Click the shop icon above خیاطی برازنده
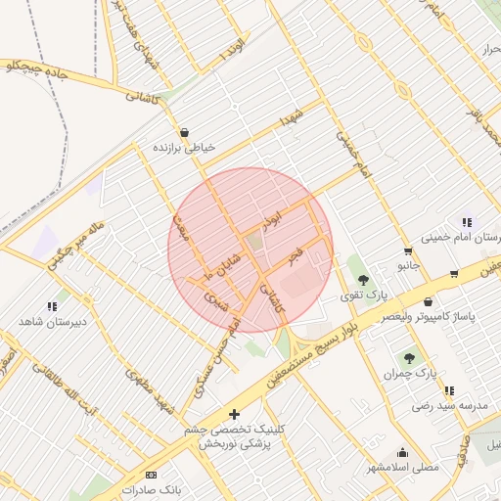tap(184, 133)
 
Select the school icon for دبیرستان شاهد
tap(52, 307)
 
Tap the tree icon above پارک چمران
tap(409, 359)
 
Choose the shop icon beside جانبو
tap(454, 273)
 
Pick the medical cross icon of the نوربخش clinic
tap(234, 414)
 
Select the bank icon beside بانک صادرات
tap(150, 475)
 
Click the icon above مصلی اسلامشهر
tap(402, 453)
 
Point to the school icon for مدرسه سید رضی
tap(449, 390)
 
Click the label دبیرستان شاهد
tap(53, 321)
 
